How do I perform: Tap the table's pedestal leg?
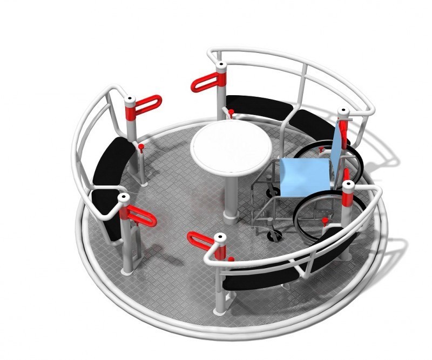(x=231, y=195)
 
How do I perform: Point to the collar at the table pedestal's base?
(x=231, y=217)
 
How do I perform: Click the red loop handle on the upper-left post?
(x=147, y=105)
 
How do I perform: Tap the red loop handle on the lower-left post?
(x=143, y=218)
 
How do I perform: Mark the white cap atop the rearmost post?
(x=221, y=67)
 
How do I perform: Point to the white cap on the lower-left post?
(x=124, y=198)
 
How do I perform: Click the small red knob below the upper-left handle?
(x=141, y=146)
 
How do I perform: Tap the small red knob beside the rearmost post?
(x=231, y=112)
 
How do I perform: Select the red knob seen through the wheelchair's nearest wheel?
(x=325, y=221)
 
